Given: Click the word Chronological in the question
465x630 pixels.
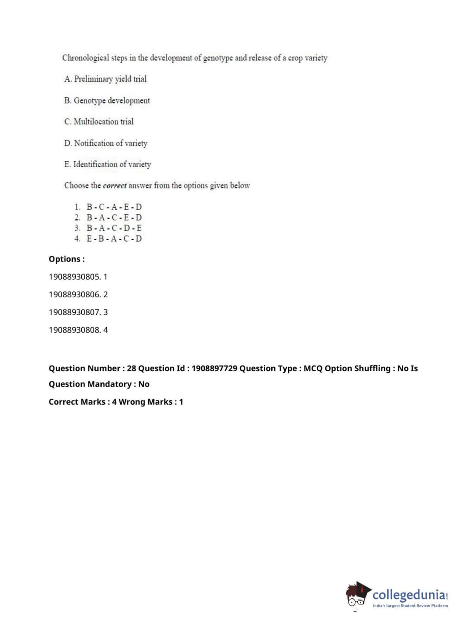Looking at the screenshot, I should coord(86,58).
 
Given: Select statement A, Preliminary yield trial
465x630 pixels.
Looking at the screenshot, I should coord(105,79).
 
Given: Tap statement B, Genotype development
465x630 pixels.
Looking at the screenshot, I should coord(107,100).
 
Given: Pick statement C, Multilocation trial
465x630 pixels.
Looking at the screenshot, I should coord(99,122).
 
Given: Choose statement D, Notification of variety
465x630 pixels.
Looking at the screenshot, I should coord(106,143).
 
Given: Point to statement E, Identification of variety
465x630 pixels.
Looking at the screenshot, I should coord(108,164).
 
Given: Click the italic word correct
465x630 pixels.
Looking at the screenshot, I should coord(115,186).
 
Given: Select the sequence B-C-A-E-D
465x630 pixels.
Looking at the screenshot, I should coord(114,207).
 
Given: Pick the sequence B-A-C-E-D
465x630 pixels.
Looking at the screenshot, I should coord(114,217).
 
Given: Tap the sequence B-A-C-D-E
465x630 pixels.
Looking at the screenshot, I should coord(114,228).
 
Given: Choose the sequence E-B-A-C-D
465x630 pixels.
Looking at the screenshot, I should coord(114,239).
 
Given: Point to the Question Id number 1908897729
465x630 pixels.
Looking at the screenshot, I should coord(214,368).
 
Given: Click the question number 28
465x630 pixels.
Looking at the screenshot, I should coord(131,368).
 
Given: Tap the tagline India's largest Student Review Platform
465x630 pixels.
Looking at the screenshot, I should coord(410,606).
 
